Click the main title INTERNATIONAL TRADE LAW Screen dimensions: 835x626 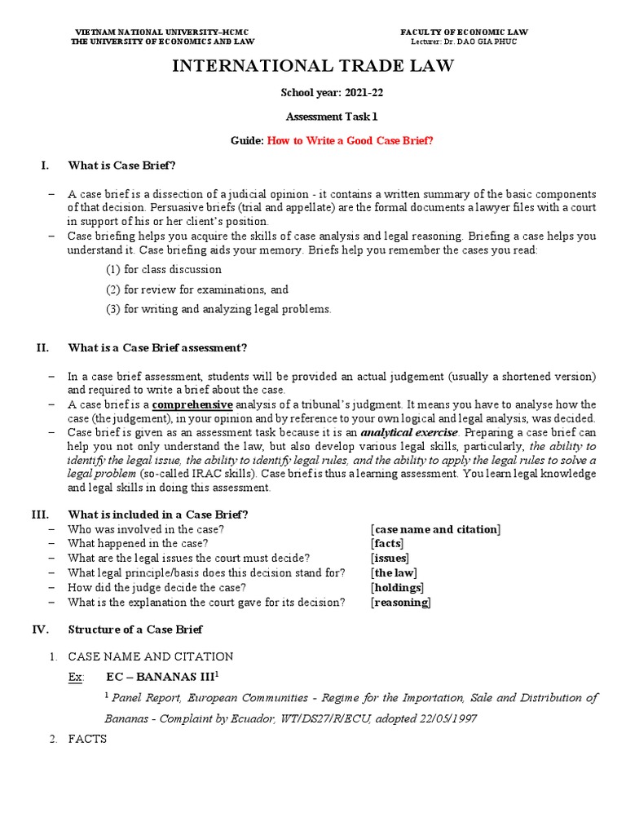click(313, 66)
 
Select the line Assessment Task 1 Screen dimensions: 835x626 click(313, 117)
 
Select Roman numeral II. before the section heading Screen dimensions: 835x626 click(43, 348)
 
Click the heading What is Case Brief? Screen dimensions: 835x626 click(122, 166)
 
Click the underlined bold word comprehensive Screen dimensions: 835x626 click(192, 404)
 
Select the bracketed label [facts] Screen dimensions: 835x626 click(387, 544)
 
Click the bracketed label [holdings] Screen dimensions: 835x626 click(397, 588)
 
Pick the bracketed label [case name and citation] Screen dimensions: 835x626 click(435, 529)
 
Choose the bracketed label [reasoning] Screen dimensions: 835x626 click(400, 603)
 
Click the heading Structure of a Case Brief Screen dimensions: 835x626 click(135, 630)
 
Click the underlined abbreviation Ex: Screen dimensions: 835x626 click(77, 677)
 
